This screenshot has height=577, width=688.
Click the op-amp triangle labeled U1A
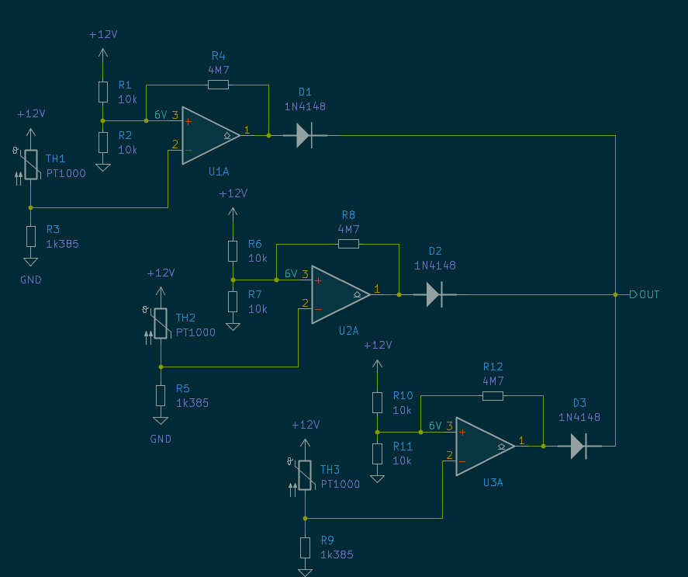pos(208,135)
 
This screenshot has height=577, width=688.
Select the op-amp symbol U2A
pos(338,294)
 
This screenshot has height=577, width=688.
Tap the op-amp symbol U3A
pos(482,446)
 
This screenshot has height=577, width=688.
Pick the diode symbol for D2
pos(434,294)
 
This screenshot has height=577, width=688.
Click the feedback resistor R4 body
pos(218,84)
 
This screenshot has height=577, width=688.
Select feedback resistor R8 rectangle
pos(348,243)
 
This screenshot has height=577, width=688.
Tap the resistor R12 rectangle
pos(493,395)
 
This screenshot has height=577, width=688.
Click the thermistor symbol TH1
pos(30,164)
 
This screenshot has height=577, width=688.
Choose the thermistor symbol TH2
pos(161,323)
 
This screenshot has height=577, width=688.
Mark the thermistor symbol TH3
pos(305,475)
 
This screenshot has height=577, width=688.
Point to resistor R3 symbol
pos(30,236)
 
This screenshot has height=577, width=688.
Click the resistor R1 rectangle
pos(103,92)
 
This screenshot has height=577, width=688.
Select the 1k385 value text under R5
pos(192,403)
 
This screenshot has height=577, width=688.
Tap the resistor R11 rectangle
pos(377,453)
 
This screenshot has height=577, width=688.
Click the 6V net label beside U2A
pos(291,273)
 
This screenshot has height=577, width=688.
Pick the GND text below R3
pos(31,280)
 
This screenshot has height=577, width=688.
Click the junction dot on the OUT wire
pos(615,294)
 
